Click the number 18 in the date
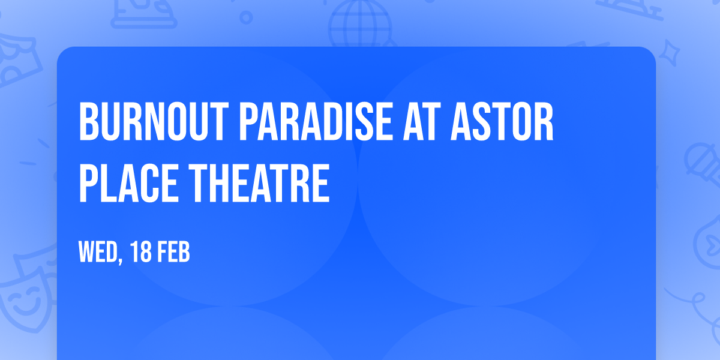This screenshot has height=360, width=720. click(142, 253)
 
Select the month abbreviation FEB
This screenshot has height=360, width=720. click(175, 253)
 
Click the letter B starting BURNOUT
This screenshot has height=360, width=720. click(88, 122)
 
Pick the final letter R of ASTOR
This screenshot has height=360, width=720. click(544, 122)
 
